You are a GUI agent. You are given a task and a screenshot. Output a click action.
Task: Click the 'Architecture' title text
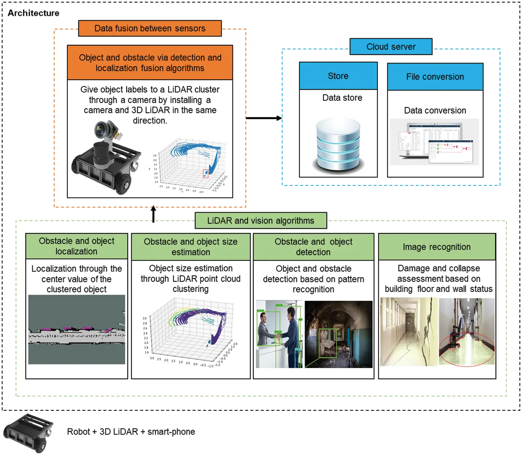click(x=33, y=13)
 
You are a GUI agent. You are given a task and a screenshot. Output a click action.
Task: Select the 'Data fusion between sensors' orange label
click(x=150, y=29)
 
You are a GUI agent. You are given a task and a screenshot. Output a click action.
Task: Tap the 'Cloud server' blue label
click(x=391, y=47)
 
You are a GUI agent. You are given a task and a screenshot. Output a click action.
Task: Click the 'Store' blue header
click(x=338, y=76)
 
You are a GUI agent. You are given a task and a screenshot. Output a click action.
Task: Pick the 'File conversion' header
click(x=435, y=77)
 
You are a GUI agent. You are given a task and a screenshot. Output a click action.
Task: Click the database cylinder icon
click(x=338, y=145)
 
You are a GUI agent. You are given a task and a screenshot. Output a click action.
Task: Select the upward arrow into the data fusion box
click(x=153, y=214)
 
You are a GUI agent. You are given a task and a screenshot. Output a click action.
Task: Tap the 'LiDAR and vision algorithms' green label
click(x=260, y=221)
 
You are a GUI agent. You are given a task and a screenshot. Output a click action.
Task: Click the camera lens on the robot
click(x=101, y=130)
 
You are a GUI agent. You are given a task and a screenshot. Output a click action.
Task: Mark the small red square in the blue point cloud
click(x=205, y=173)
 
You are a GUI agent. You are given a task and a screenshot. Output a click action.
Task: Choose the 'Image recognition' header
click(x=436, y=247)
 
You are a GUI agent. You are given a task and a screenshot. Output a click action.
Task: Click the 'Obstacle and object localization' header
click(x=77, y=246)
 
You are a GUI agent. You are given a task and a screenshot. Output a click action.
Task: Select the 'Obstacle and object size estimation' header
click(x=190, y=247)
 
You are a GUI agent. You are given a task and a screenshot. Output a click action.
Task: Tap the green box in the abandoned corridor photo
click(x=327, y=343)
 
